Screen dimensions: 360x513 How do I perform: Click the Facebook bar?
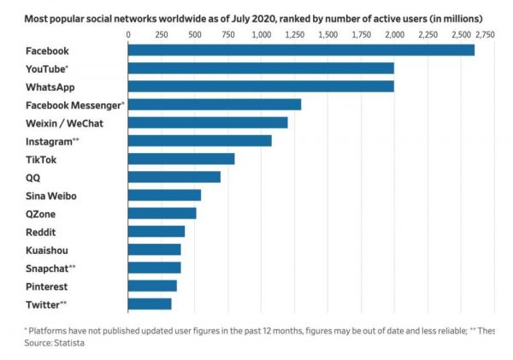pos(301,50)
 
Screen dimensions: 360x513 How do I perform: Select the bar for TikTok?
pos(181,159)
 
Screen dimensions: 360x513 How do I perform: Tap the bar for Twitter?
pos(150,304)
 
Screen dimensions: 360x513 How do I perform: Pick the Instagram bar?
pos(200,140)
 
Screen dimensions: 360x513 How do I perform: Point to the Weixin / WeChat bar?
pos(208,122)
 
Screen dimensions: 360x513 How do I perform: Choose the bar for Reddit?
pos(156,231)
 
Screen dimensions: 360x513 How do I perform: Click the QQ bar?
pos(174,177)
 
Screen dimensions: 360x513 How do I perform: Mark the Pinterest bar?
pos(152,286)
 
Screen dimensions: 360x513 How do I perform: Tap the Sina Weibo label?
pos(52,196)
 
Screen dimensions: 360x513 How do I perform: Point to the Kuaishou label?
pos(47,250)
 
